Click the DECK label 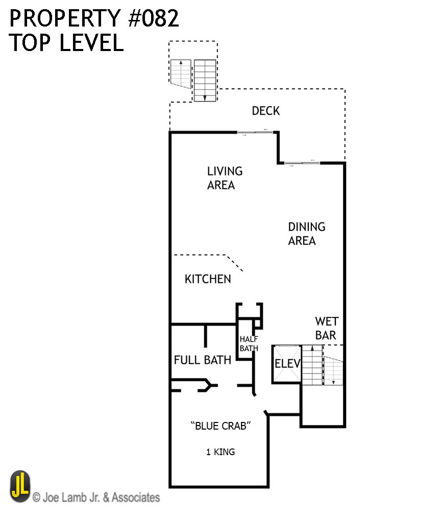265,111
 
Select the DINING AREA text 306,233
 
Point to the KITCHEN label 208,279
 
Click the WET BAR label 326,329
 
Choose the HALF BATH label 249,344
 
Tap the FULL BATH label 203,360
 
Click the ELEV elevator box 287,364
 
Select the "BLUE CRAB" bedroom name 221,426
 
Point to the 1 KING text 220,452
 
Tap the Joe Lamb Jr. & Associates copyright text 96,497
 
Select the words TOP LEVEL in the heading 66,43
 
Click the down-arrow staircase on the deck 205,81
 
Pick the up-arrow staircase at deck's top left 180,74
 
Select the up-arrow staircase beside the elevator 312,365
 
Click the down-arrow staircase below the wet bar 333,370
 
